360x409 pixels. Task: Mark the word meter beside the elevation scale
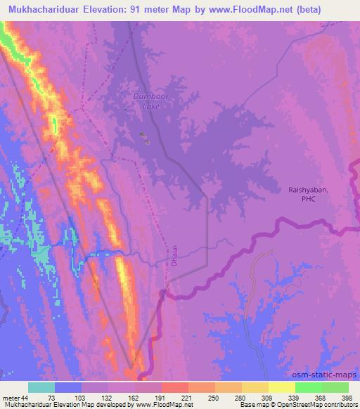tap(11, 398)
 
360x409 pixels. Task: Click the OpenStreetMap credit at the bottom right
tap(307, 405)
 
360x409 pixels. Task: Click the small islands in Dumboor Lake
tap(144, 138)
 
